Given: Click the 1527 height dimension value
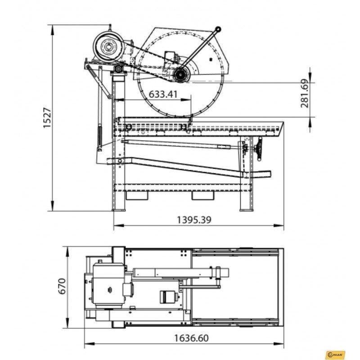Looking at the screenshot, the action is (48, 117).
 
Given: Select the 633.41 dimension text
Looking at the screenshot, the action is (163, 94).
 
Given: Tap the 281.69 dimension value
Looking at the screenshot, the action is (305, 94).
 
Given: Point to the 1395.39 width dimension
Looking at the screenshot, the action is (194, 220).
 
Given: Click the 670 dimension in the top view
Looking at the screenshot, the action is (62, 286).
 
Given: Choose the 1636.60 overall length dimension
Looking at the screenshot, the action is (192, 338).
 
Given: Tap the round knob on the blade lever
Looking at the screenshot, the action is (218, 29).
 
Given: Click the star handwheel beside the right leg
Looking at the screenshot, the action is (260, 149).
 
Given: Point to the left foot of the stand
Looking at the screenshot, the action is (118, 210).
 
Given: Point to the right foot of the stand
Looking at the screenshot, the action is (247, 210).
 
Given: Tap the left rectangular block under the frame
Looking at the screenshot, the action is (137, 195).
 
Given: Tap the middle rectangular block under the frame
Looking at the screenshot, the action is (203, 195).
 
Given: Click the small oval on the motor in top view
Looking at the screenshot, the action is (110, 290).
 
